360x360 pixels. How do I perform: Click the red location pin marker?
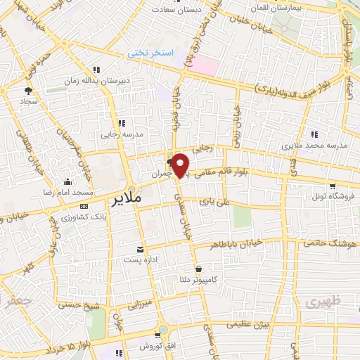pos(181,165)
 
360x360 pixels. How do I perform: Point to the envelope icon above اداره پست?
pos(141,250)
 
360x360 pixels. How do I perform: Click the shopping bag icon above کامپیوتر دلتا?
pos(199,269)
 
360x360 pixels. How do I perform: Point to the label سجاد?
pos(29,101)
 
